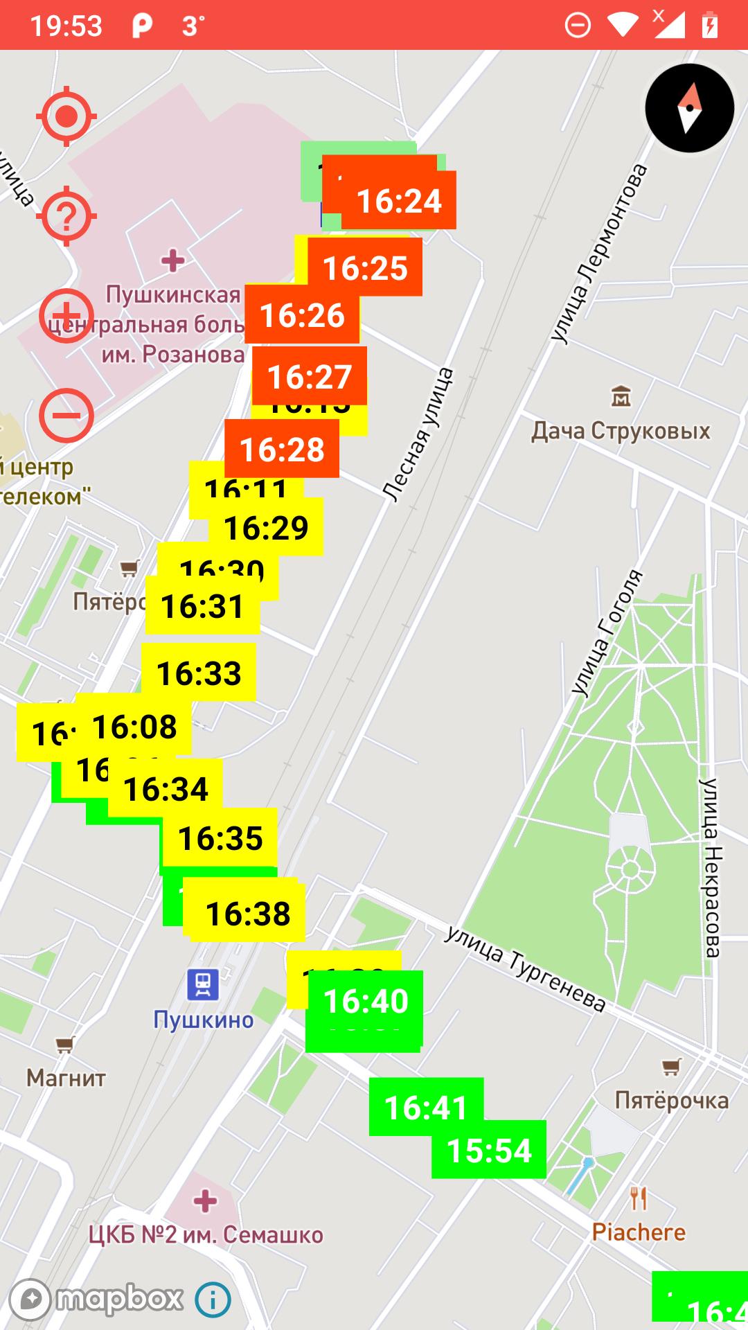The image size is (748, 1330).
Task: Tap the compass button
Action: [689, 108]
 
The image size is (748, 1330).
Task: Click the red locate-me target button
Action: [66, 116]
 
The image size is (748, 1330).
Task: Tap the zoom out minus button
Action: [66, 416]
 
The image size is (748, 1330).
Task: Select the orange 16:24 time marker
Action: [399, 201]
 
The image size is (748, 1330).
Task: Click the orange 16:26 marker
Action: [302, 316]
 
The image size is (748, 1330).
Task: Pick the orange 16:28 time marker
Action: [282, 450]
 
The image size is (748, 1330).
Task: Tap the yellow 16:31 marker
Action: [202, 607]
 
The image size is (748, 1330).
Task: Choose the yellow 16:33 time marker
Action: [199, 673]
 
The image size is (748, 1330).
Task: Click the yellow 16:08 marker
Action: [134, 727]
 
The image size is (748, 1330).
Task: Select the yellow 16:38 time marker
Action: [248, 914]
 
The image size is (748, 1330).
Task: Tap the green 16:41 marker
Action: [425, 1107]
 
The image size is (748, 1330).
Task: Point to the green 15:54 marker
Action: [489, 1151]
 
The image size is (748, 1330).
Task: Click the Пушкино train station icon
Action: [203, 984]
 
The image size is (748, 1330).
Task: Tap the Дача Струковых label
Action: [621, 431]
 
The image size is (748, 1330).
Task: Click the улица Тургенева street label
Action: [524, 968]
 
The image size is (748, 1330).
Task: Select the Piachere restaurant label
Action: [639, 1232]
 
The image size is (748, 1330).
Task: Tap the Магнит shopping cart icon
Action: [65, 1043]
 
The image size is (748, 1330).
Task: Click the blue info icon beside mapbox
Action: [213, 1300]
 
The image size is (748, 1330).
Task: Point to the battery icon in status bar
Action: [710, 26]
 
